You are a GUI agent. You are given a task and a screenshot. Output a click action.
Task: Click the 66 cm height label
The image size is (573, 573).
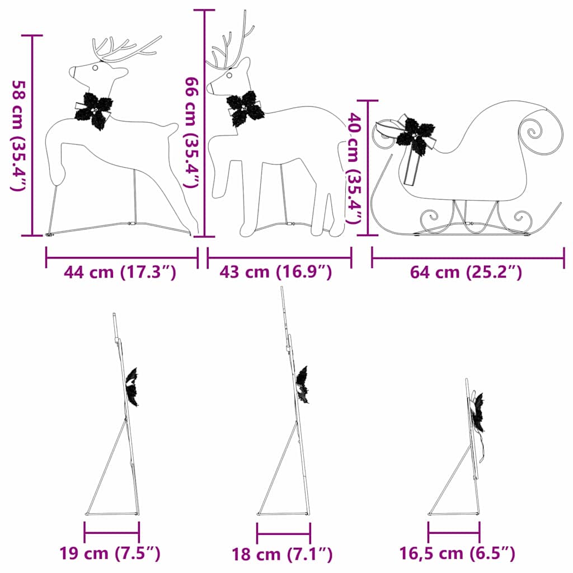tap(192, 132)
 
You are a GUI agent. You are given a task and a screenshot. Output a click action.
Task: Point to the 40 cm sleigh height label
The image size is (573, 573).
tap(354, 168)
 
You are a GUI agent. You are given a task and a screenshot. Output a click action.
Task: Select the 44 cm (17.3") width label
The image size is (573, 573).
tap(120, 273)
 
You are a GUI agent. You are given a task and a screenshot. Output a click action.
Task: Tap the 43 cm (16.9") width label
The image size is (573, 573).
tap(276, 273)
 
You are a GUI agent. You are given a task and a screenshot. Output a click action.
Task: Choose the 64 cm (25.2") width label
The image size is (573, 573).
tap(466, 273)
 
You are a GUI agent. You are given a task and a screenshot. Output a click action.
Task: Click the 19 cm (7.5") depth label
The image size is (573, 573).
tap(110, 554)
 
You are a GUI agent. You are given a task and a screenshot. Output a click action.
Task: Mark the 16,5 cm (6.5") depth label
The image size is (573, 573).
tap(457, 554)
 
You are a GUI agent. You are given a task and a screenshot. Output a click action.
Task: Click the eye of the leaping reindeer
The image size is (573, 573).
tap(95, 68)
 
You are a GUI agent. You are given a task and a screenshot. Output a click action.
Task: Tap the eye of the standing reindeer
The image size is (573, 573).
tap(229, 74)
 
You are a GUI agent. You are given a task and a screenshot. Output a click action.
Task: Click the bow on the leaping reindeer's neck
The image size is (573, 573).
tap(94, 110)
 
